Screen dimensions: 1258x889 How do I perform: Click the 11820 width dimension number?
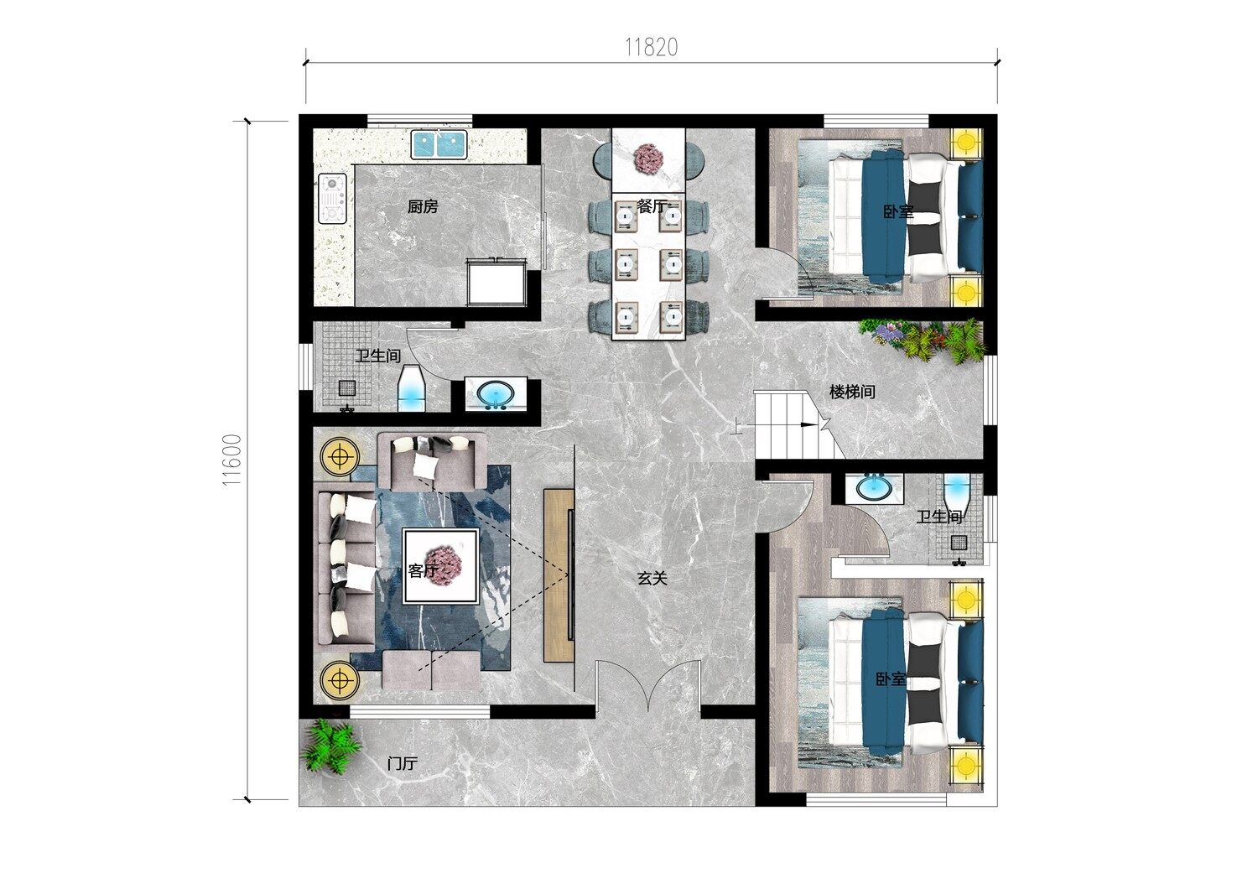(652, 47)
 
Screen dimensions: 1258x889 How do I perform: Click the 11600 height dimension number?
(232, 460)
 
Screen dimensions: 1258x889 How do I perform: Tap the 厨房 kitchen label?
(423, 206)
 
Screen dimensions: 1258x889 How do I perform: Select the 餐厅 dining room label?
(652, 206)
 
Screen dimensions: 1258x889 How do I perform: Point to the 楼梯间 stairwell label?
(852, 392)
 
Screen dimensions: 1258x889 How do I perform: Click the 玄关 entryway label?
(652, 579)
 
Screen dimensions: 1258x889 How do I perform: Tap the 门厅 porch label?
(403, 763)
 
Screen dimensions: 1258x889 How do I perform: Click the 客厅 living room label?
(423, 570)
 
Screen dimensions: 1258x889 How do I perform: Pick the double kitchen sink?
(438, 145)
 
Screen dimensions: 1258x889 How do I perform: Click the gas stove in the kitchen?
(332, 198)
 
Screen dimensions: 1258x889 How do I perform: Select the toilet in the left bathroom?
(412, 388)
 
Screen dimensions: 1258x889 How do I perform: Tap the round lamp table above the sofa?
(339, 457)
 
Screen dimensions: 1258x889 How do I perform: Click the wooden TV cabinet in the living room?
(559, 575)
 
